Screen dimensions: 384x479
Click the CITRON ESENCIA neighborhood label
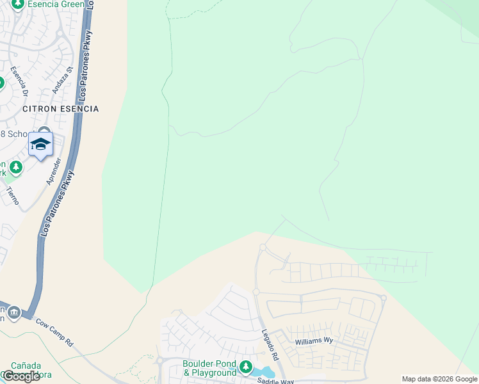[x=61, y=109]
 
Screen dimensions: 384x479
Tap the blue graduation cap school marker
[x=41, y=145]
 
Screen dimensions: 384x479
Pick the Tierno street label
[x=13, y=195]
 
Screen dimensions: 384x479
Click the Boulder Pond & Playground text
[x=209, y=369]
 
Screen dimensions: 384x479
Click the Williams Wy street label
[x=314, y=342]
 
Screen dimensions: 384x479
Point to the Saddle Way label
[x=275, y=381]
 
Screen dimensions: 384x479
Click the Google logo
[x=20, y=376]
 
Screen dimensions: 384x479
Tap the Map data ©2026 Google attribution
[x=439, y=379]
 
